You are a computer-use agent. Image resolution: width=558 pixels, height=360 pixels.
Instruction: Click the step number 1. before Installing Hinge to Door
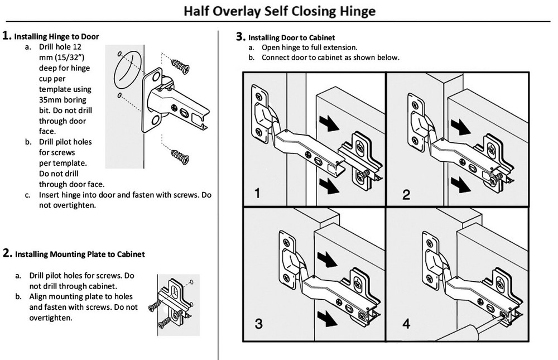(7, 36)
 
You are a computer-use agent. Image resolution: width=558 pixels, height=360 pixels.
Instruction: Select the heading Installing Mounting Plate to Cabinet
(80, 254)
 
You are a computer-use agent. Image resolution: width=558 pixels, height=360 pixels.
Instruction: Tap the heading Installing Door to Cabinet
(291, 37)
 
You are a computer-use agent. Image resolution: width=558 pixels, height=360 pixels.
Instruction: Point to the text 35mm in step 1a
(50, 100)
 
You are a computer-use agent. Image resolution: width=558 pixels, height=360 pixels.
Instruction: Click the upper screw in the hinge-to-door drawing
(180, 66)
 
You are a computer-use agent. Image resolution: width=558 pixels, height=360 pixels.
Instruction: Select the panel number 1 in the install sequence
(257, 194)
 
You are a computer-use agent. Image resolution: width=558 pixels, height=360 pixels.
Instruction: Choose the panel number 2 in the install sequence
(406, 194)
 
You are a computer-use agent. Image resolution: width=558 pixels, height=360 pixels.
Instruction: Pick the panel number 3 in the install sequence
(258, 323)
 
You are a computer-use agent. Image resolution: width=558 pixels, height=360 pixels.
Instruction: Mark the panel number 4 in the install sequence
(406, 323)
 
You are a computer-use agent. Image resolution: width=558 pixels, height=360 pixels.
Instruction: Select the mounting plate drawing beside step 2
(175, 304)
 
